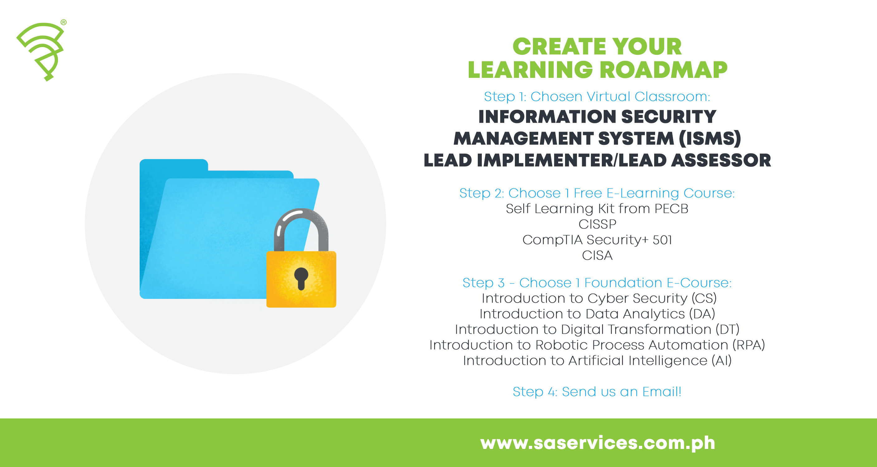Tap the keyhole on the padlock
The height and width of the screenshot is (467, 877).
point(301,277)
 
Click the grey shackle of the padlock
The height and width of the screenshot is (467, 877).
point(301,224)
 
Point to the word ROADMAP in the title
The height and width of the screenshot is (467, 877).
point(663,70)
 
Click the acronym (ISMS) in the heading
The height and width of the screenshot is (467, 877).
point(710,139)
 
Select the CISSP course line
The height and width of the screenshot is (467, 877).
point(597,224)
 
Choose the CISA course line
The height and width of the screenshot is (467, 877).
point(597,255)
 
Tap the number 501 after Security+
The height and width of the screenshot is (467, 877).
point(662,240)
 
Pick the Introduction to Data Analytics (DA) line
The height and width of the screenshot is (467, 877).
point(597,314)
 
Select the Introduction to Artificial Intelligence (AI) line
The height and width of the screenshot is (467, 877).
point(597,361)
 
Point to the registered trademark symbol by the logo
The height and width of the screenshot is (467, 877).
point(64,22)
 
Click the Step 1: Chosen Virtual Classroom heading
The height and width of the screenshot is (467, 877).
point(597,97)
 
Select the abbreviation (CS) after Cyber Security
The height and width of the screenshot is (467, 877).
point(704,298)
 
